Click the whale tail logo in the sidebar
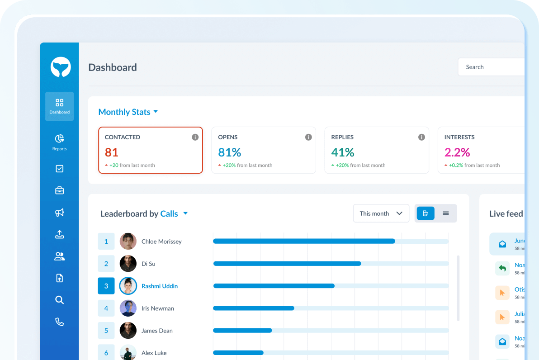tap(60, 67)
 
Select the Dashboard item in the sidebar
tap(59, 106)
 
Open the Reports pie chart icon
tap(59, 138)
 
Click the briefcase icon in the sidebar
tap(59, 190)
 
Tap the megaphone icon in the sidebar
tap(59, 213)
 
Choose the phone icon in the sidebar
tap(59, 322)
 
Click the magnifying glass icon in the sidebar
tap(59, 300)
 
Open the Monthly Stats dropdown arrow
tap(156, 112)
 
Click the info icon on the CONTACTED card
tap(195, 137)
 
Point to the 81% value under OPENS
tap(229, 152)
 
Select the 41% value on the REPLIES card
tap(342, 152)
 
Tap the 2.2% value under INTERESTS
tap(457, 152)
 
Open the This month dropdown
tap(381, 213)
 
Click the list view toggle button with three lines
tap(445, 213)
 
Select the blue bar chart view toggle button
tap(426, 213)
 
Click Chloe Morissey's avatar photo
tap(128, 242)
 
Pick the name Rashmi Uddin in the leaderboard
tap(159, 286)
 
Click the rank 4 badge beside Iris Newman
tap(106, 308)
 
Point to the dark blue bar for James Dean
tap(242, 330)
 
